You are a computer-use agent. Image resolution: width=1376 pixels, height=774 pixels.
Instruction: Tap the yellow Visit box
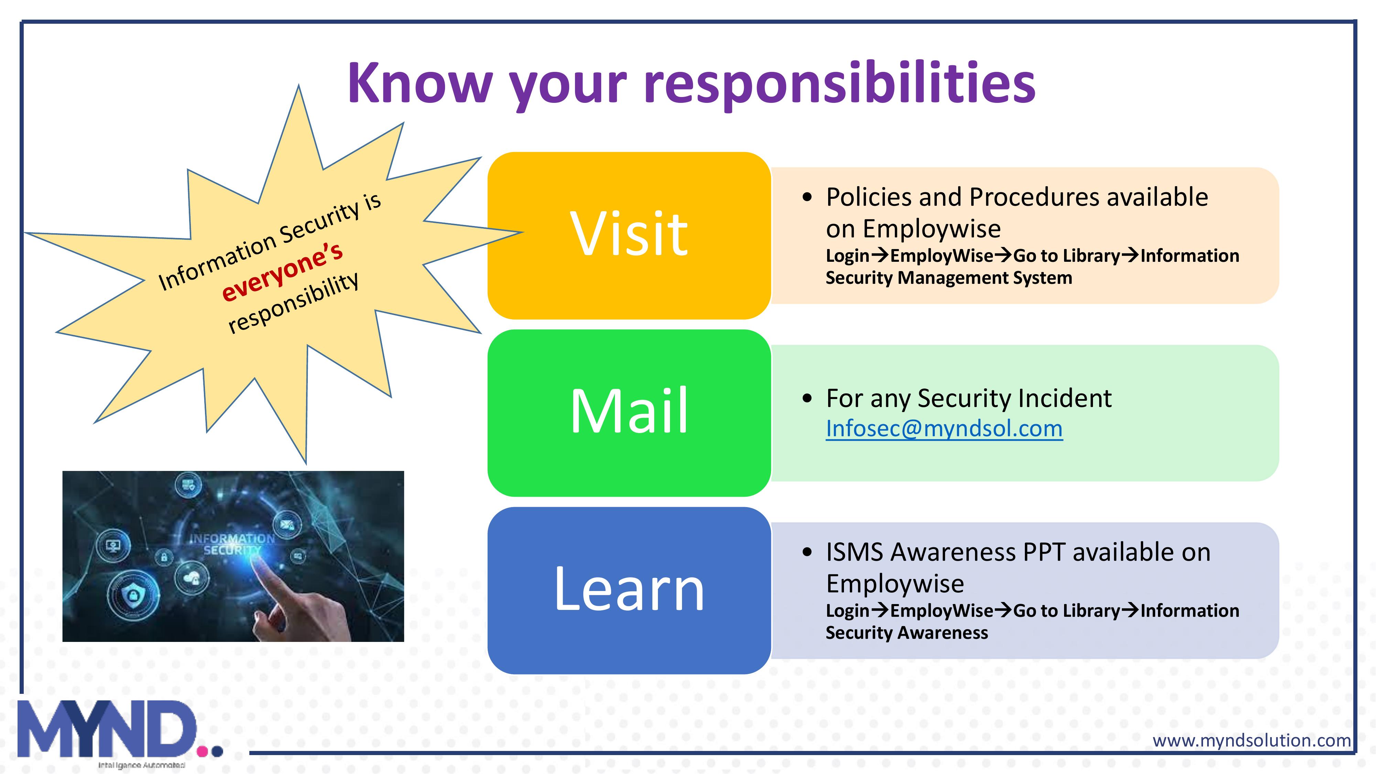point(629,236)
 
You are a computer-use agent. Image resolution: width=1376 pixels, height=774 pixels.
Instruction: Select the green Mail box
point(629,413)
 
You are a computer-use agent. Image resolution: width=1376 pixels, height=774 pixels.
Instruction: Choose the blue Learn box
point(629,590)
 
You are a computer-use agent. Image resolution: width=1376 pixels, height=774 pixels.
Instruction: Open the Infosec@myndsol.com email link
point(944,428)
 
